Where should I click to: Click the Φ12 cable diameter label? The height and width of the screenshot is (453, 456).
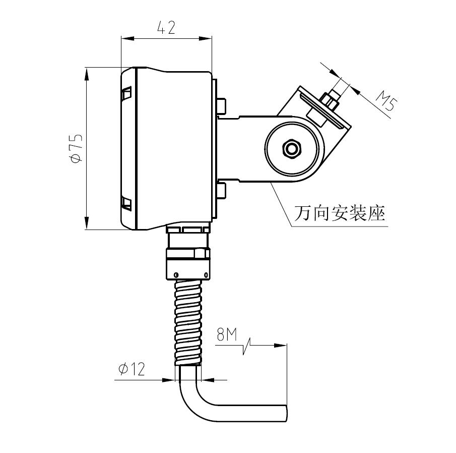(132, 369)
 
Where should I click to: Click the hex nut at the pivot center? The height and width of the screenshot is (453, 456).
(292, 149)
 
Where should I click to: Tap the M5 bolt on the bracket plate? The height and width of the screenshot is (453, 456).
(331, 100)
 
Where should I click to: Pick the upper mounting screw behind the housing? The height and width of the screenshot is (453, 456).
(221, 105)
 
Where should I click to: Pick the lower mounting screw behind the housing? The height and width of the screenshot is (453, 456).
(221, 191)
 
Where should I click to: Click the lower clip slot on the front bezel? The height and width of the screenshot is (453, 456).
(126, 204)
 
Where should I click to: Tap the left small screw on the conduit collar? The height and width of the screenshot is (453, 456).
(175, 274)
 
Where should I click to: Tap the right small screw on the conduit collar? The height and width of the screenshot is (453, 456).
(206, 274)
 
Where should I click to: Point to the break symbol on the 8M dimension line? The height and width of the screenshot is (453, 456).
(246, 346)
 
